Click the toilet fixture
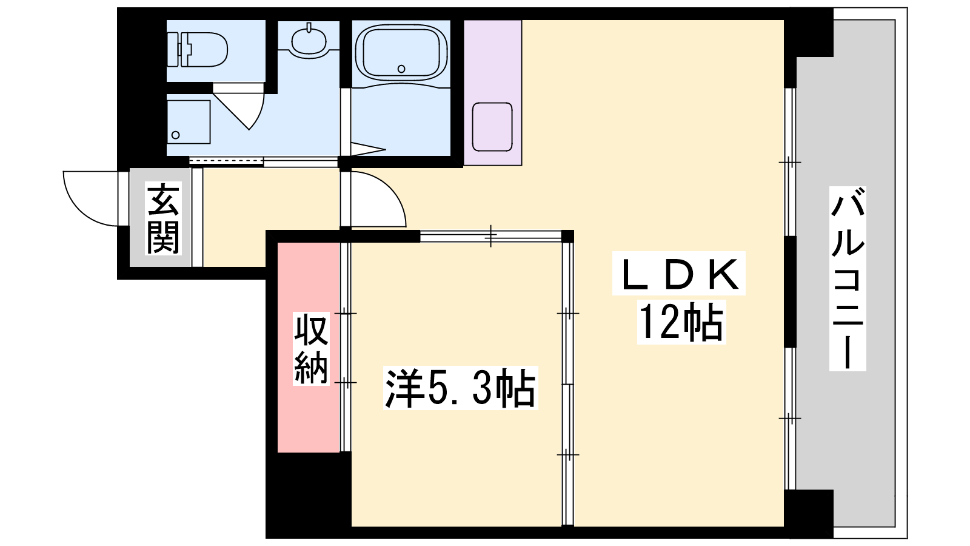click(x=198, y=49)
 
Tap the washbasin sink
click(x=309, y=39)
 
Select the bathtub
click(x=401, y=53)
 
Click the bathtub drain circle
click(x=401, y=69)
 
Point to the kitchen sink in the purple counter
click(x=492, y=127)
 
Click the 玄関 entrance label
click(x=163, y=218)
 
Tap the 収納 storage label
click(x=311, y=349)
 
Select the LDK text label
click(x=678, y=274)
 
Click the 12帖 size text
click(x=681, y=322)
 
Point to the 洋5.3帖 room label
click(x=461, y=388)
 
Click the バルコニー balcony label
click(x=848, y=278)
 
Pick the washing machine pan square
click(x=189, y=122)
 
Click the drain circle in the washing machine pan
click(x=175, y=135)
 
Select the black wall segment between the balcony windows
click(x=791, y=292)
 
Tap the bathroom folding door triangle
click(x=368, y=149)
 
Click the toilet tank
click(x=173, y=49)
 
